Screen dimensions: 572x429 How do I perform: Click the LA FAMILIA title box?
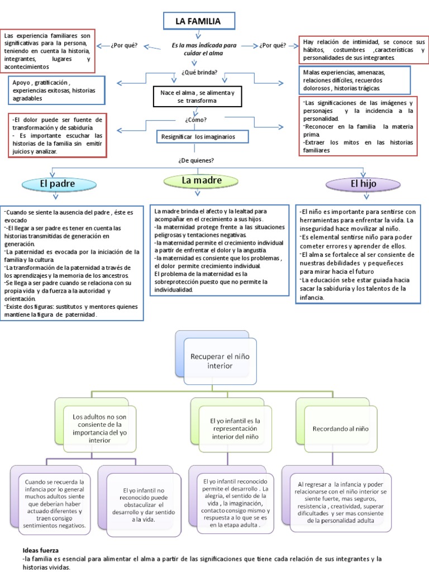point(198,22)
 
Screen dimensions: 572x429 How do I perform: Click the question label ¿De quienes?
point(196,160)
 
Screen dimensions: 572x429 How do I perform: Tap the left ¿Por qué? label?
point(124,45)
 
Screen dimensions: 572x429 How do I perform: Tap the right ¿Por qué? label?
point(273,45)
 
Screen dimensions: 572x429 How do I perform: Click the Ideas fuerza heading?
point(41,550)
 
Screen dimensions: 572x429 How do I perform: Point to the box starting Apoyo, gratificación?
point(56,90)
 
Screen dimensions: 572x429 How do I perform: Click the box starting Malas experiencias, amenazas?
point(355,80)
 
